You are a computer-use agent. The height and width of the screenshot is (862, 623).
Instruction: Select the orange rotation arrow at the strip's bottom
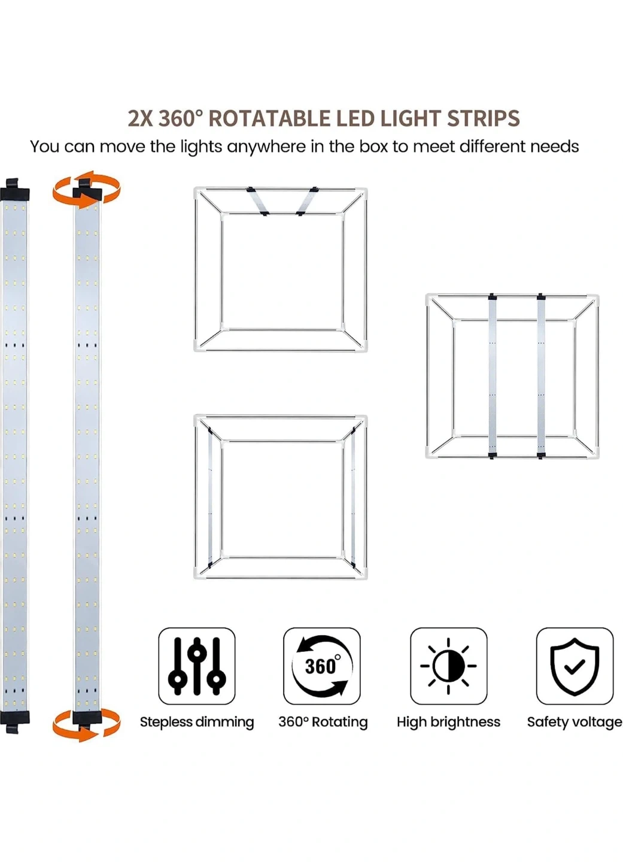tap(87, 726)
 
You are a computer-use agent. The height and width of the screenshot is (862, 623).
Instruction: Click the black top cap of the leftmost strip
tap(14, 189)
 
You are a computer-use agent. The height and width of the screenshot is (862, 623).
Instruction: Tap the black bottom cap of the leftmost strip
tap(14, 721)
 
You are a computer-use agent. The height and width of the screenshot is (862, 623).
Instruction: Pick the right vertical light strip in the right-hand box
tap(542, 377)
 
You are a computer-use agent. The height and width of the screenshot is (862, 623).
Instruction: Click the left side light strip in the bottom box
tap(210, 496)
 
